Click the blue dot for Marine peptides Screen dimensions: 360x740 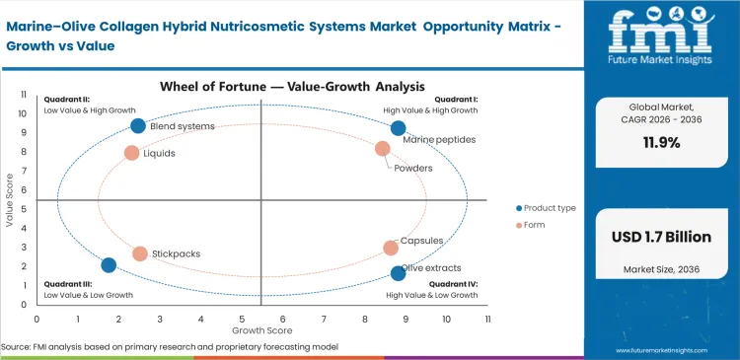[398, 128]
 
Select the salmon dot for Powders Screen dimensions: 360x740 [383, 149]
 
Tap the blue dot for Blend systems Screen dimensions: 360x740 [138, 125]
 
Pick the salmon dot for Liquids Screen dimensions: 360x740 [131, 153]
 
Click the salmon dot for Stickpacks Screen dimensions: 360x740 [140, 253]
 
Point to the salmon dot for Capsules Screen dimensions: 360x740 [391, 248]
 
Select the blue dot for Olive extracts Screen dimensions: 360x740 [398, 273]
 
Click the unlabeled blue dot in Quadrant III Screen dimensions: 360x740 [109, 264]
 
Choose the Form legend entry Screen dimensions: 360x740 [539, 226]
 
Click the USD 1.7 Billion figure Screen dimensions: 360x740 [661, 238]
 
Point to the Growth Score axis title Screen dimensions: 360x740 [261, 330]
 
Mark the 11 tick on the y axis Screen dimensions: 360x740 [24, 94]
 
